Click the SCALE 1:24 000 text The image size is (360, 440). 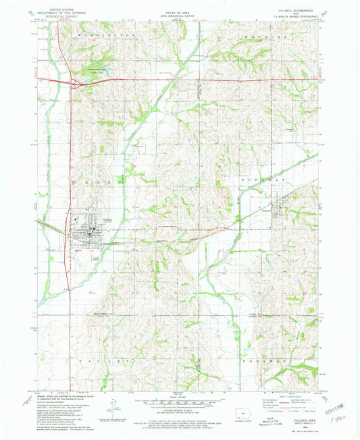180,397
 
